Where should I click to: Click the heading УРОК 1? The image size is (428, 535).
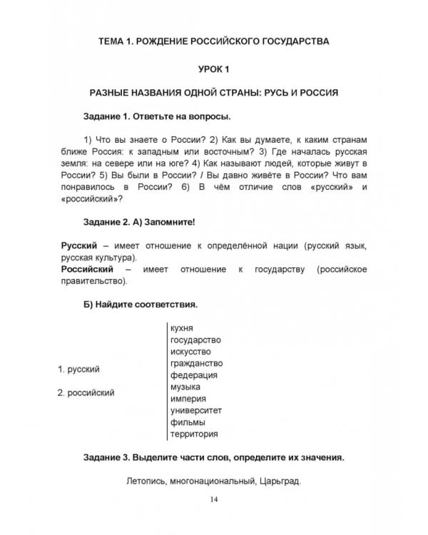pos(214,68)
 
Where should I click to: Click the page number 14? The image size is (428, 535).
pos(214,499)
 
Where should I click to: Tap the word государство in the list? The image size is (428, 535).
pos(195,340)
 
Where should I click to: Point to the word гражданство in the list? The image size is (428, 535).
pos(196,364)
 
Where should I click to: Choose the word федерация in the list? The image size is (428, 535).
pos(194,375)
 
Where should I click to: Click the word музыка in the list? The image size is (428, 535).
pos(185,387)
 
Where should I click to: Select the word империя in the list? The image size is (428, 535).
pos(188,399)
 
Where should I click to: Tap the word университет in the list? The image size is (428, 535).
pos(197,411)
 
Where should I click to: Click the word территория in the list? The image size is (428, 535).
pos(194,434)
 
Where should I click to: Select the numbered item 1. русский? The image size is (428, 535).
pos(78,369)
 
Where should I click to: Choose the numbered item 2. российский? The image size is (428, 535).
pos(86,392)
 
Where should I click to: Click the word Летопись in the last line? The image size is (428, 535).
pos(146,481)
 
